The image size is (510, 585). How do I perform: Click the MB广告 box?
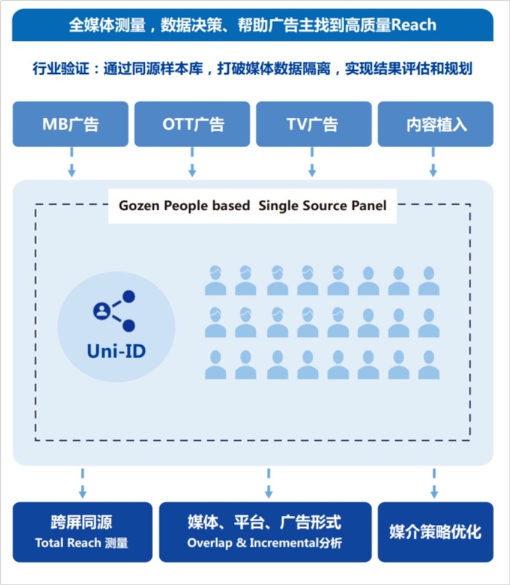(71, 124)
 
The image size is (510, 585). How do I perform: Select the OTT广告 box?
(193, 124)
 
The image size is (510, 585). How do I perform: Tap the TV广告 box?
(314, 124)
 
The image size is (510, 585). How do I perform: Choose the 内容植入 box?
(435, 124)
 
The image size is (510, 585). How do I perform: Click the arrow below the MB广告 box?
(71, 162)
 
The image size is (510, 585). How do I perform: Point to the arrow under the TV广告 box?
(312, 162)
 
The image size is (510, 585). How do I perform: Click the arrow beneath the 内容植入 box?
(433, 162)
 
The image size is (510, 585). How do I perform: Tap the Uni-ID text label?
(117, 351)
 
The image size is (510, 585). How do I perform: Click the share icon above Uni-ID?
(114, 311)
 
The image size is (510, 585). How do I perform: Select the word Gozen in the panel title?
(139, 206)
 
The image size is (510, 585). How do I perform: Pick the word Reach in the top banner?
(414, 25)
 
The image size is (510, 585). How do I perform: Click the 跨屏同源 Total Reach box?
(82, 532)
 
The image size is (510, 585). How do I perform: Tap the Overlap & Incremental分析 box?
(265, 532)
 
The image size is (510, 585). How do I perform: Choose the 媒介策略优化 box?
(435, 532)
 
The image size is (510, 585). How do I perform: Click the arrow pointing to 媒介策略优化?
(434, 484)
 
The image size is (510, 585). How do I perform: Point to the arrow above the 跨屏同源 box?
(82, 484)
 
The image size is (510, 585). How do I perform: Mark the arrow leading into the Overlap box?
(268, 484)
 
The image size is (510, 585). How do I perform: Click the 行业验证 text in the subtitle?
(61, 69)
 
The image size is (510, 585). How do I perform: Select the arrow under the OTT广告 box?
(192, 162)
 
